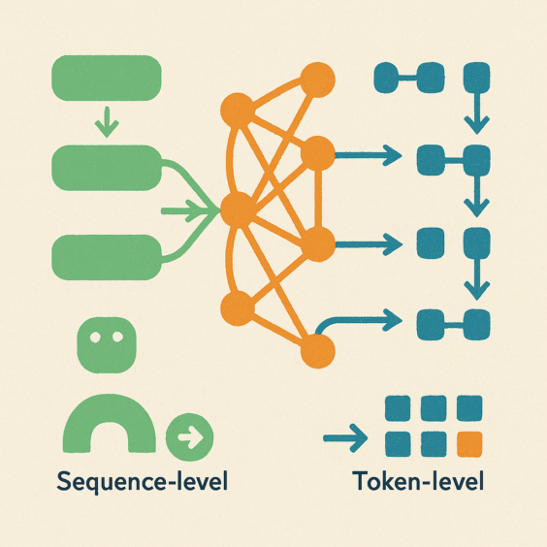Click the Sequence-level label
[143, 482]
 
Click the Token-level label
[418, 481]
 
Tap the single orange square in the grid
[469, 444]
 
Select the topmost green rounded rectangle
[107, 79]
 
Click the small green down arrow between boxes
[107, 122]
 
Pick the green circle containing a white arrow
[189, 436]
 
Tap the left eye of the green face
[95, 337]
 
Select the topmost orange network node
[317, 80]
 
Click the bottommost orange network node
[317, 350]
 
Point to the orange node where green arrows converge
[238, 209]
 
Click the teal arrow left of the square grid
[345, 438]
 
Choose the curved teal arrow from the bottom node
[356, 319]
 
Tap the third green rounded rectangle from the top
[107, 257]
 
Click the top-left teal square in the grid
[398, 408]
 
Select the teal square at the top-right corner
[476, 78]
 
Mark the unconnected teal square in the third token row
[431, 243]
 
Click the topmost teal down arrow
[477, 113]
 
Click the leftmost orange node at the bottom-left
[238, 308]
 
